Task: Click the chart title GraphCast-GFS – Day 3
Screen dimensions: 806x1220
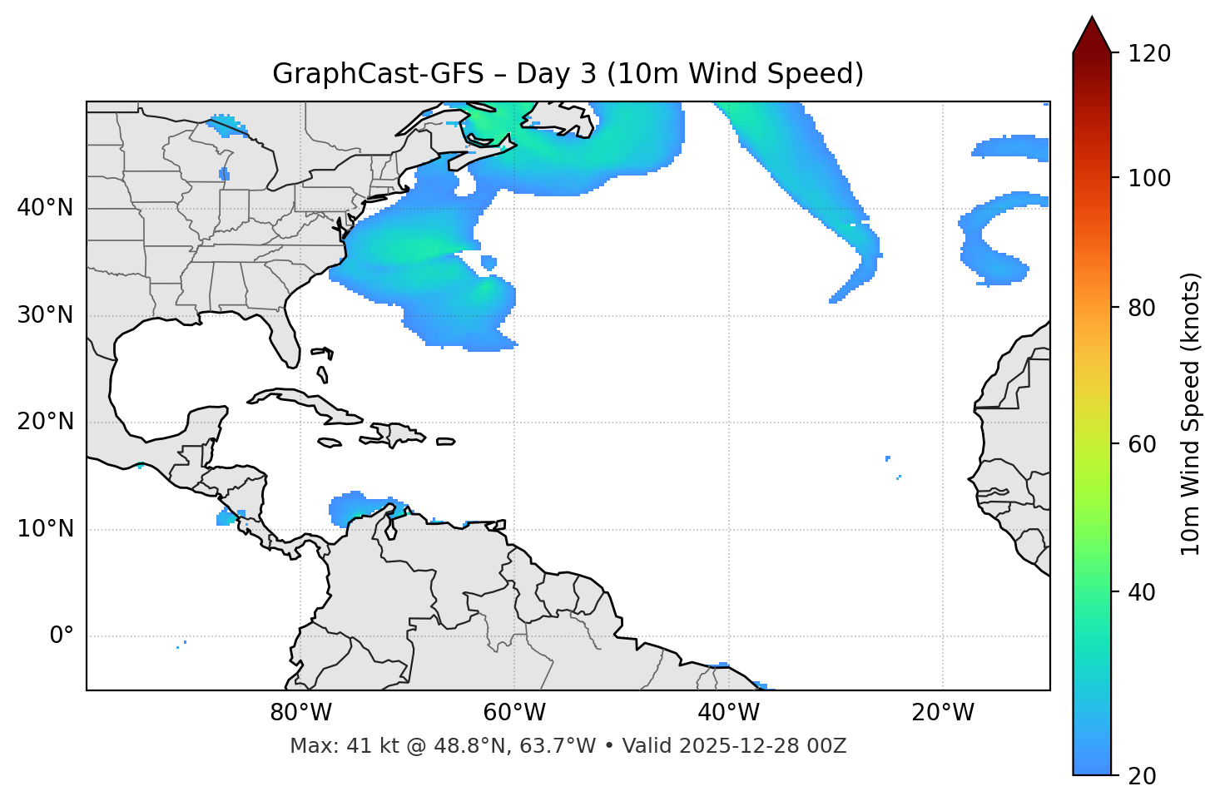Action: (x=568, y=74)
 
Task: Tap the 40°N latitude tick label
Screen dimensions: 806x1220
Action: (x=45, y=208)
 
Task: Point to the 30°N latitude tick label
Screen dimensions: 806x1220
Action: (x=45, y=315)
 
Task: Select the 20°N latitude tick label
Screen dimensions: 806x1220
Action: (x=45, y=422)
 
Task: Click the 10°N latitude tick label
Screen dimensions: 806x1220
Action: (x=45, y=529)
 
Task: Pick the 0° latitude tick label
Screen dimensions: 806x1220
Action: (x=61, y=636)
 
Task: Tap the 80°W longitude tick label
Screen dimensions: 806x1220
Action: (x=300, y=713)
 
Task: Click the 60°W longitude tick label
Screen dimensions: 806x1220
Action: (x=514, y=713)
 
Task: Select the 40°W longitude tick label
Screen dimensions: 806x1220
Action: (x=728, y=713)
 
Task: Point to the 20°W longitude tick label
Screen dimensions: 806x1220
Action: (x=942, y=713)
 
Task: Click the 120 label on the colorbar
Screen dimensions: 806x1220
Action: (x=1148, y=54)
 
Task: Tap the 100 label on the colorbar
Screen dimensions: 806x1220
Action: (x=1148, y=178)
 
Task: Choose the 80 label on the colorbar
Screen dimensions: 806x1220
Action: (x=1142, y=308)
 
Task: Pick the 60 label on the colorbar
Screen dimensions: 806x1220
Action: (x=1142, y=444)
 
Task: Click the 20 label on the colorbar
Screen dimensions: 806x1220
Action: (x=1142, y=776)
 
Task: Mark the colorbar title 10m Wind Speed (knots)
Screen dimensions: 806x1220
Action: (x=1191, y=413)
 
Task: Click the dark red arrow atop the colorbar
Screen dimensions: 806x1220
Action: (x=1092, y=35)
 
